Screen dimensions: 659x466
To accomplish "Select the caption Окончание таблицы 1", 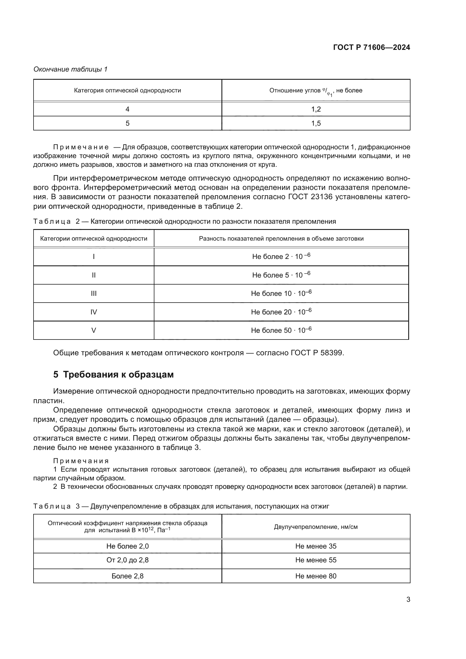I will pos(70,69).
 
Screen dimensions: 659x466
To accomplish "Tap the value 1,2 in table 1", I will pos(316,109).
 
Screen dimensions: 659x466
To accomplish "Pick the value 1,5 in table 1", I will pos(316,123).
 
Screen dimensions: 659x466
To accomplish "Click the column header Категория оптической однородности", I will pos(127,90).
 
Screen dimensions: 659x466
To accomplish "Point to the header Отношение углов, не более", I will pos(316,91).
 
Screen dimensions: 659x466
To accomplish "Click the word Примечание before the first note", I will pos(81,147).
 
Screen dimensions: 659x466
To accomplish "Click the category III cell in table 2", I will pos(94,293).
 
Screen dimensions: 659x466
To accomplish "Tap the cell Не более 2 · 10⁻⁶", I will pos(281,256).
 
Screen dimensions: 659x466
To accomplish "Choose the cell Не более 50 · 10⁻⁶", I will pos(281,330).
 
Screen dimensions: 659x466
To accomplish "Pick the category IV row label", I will pos(94,312).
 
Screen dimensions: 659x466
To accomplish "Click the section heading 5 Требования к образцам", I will pos(113,374).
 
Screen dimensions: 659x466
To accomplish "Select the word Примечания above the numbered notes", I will pos(81,461).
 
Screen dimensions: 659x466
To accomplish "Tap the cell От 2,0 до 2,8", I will pos(127,560).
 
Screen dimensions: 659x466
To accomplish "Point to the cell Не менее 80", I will pos(316,576).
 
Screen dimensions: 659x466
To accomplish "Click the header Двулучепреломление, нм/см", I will pos(316,527).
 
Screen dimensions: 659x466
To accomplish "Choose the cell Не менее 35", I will pos(316,546).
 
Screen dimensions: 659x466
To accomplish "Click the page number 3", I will pos(408,599).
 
